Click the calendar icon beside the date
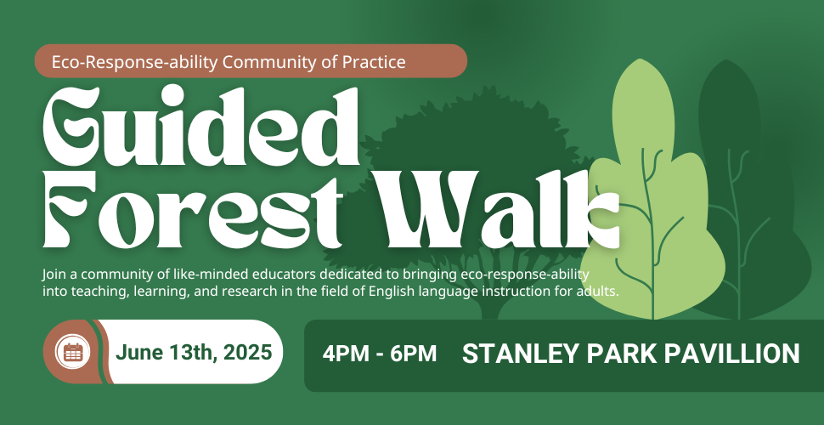pos(73,351)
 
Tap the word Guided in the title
pos(200,127)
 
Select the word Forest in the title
pos(193,211)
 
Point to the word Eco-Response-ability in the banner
pos(134,62)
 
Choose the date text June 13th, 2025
pos(194,353)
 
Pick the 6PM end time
pos(414,354)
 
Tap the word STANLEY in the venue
pos(520,354)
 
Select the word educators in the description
pos(284,275)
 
